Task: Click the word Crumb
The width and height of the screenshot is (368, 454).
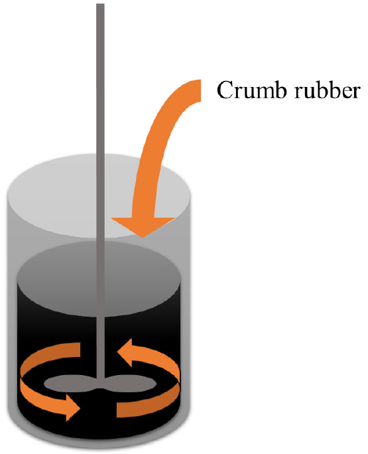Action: (252, 90)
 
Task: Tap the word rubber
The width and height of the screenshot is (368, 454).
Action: (327, 90)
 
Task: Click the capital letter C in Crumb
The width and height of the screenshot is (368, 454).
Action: (225, 90)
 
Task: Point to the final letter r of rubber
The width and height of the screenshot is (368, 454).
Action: (355, 93)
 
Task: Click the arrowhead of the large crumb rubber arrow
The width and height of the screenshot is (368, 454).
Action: (143, 226)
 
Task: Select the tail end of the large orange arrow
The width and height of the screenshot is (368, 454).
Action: (200, 90)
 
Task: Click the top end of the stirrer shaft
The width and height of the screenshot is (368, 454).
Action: (100, 5)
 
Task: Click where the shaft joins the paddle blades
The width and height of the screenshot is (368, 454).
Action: (100, 382)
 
